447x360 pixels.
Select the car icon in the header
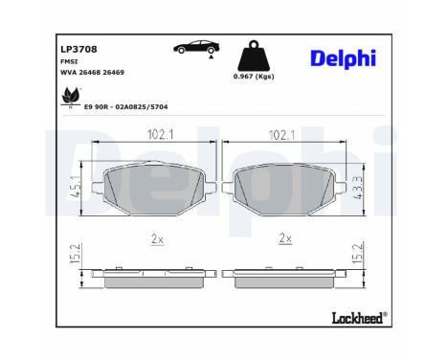point(194,49)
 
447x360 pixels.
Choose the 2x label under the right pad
point(283,236)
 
